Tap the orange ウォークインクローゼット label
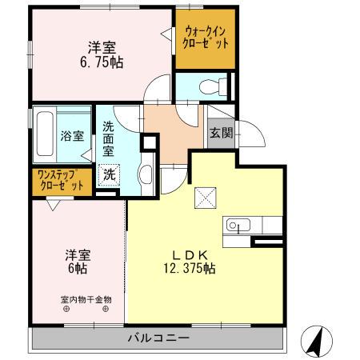coord(206,37)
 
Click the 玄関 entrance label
coord(221,133)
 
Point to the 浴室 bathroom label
coord(71,136)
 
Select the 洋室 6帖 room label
coord(78,262)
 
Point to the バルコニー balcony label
coord(158,338)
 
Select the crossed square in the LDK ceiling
coord(206,195)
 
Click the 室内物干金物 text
coord(86,300)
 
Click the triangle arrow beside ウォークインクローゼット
coord(166,34)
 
